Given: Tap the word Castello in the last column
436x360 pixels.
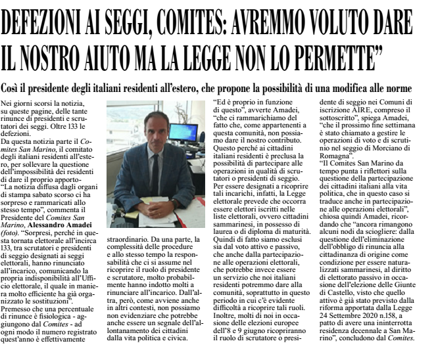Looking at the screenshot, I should click(x=343, y=300).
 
